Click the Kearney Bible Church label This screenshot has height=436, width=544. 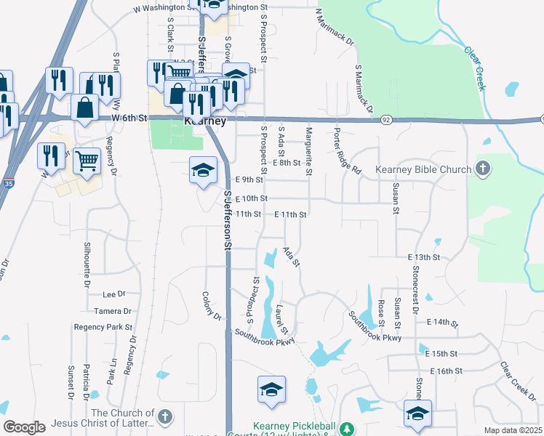(x=423, y=170)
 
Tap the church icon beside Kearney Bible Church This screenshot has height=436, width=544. (x=481, y=169)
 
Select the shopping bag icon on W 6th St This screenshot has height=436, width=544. (x=85, y=108)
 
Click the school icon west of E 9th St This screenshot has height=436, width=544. (x=204, y=171)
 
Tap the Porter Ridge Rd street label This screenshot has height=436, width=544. (x=347, y=153)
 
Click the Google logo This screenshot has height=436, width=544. (x=24, y=427)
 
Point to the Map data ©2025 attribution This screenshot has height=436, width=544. (x=513, y=430)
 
